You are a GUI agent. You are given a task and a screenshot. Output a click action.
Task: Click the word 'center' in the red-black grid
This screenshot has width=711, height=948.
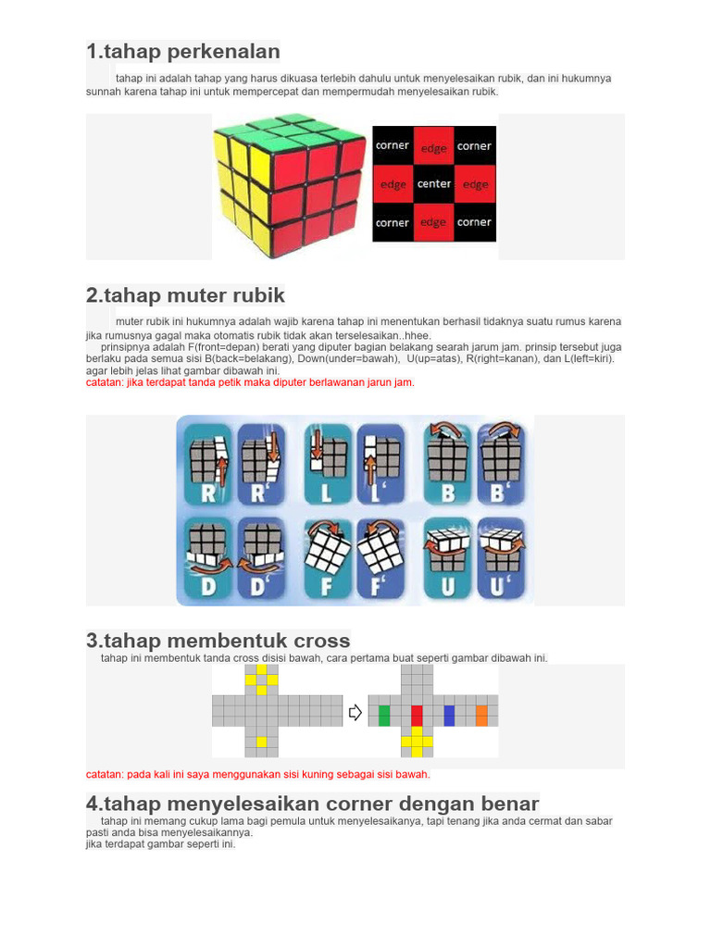[x=434, y=184]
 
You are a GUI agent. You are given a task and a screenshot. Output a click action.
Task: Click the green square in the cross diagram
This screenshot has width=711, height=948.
[x=384, y=715]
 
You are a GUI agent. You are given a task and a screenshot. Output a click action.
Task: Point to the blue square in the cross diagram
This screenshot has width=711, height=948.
[x=449, y=715]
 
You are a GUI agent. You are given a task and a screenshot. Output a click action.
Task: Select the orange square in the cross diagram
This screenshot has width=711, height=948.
[x=481, y=715]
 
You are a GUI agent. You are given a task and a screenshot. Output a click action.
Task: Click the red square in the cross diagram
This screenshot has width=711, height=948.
[x=417, y=715]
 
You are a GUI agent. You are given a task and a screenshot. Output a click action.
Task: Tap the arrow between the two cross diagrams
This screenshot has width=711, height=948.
[x=355, y=712]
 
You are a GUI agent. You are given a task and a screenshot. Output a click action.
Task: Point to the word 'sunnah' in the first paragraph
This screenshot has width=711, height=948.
[x=105, y=92]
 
